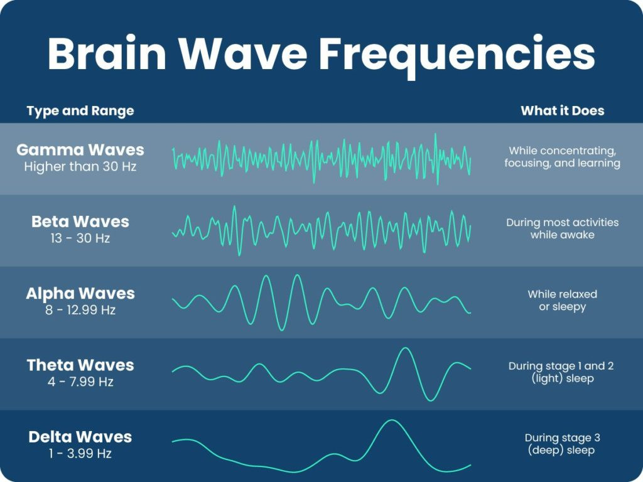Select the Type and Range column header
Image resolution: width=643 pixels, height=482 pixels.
click(80, 112)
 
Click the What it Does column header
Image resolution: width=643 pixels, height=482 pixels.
click(562, 111)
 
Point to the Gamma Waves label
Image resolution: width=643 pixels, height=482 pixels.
click(80, 151)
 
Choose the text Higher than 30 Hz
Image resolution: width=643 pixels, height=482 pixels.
click(80, 167)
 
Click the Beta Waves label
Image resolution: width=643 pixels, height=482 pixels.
click(80, 222)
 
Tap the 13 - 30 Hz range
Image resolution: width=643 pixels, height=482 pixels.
click(80, 238)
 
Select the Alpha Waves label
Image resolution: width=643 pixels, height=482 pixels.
click(80, 294)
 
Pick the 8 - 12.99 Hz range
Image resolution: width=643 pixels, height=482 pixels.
click(80, 310)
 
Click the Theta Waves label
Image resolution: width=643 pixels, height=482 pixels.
click(80, 365)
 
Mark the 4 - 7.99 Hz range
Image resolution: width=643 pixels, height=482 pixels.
click(80, 382)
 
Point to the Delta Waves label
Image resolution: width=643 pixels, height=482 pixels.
click(80, 437)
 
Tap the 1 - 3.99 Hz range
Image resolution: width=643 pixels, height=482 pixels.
click(80, 453)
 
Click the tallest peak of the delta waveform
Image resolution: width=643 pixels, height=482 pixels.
click(391, 421)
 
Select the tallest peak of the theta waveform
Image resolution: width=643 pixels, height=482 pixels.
click(404, 349)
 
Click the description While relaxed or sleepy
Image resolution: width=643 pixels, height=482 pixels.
click(562, 301)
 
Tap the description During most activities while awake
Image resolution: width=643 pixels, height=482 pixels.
click(562, 229)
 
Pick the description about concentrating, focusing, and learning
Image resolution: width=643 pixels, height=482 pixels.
click(562, 157)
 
